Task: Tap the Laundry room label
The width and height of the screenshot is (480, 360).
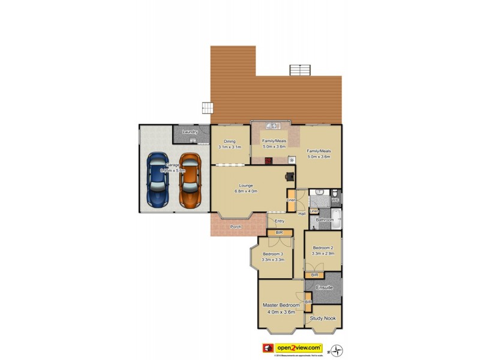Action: [x=190, y=132]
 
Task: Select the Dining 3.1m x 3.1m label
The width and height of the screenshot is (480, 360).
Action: [x=230, y=144]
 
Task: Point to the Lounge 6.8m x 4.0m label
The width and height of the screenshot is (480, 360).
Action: [x=246, y=188]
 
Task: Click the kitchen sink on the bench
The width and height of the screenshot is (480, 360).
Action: [x=272, y=126]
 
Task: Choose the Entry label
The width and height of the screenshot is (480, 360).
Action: [x=280, y=221]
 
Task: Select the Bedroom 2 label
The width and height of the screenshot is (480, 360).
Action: [x=323, y=250]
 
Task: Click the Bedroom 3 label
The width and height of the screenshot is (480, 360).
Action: [x=273, y=256]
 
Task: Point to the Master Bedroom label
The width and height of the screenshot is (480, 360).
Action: [x=281, y=308]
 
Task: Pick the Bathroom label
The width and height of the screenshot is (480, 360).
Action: [x=325, y=220]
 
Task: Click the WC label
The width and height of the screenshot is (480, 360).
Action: [x=335, y=200]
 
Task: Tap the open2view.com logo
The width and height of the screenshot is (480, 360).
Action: [x=299, y=347]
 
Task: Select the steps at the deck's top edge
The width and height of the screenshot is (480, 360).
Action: [x=299, y=69]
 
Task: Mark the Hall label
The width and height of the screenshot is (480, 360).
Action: [x=302, y=214]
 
